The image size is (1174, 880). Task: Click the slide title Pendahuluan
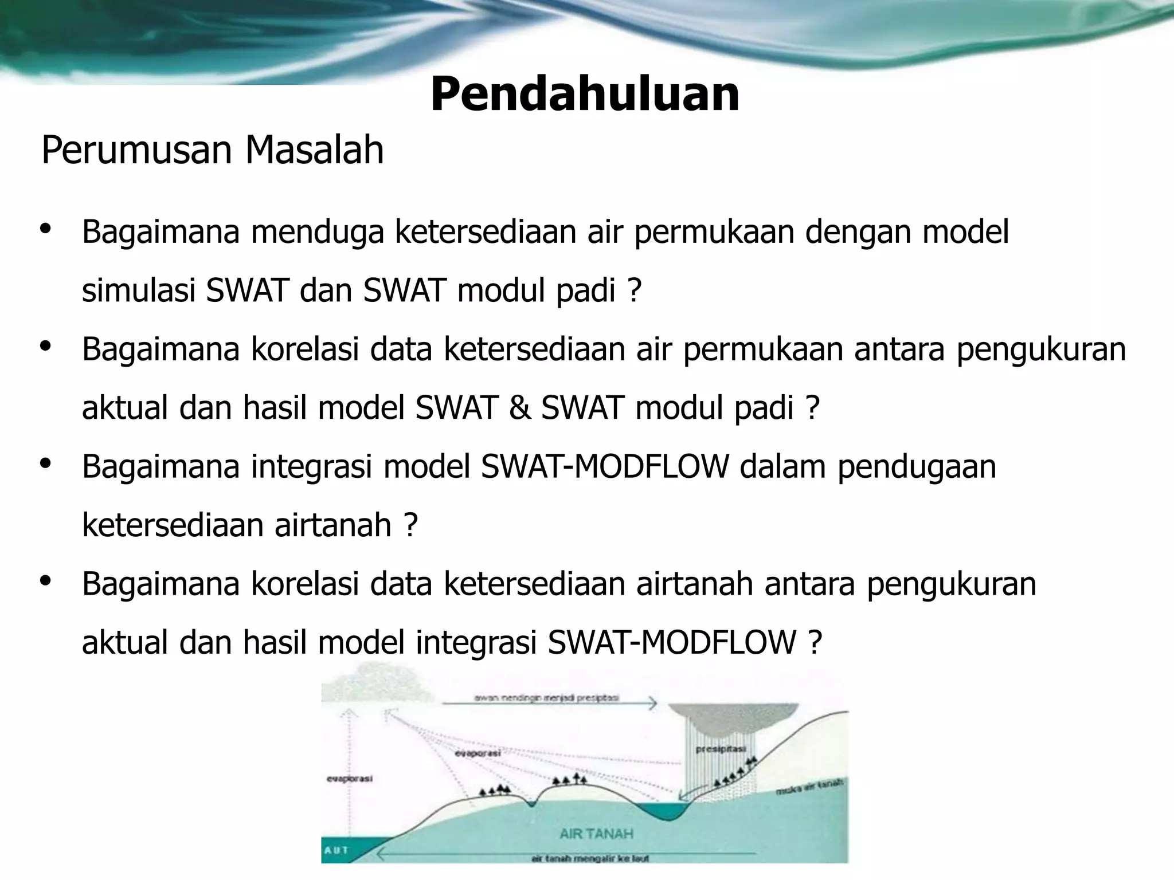[585, 95]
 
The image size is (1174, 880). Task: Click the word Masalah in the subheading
[314, 150]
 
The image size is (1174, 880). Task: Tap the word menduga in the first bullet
[317, 232]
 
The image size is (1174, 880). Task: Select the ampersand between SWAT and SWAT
[519, 408]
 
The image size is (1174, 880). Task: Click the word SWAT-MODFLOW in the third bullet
[605, 466]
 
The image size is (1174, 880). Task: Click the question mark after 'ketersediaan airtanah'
[410, 525]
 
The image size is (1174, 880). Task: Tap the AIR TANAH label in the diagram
[596, 834]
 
